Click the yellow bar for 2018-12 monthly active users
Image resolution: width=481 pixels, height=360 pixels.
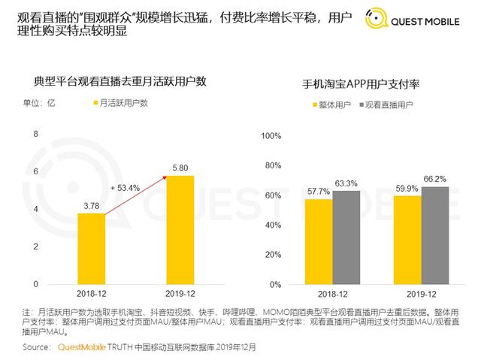91,249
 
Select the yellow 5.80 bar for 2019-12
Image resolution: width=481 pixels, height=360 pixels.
180,230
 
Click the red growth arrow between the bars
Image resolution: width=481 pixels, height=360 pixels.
135,195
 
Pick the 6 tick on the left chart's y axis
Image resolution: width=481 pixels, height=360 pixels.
35,172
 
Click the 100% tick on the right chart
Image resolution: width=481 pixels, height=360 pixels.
270,136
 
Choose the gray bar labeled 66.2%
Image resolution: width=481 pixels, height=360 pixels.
435,235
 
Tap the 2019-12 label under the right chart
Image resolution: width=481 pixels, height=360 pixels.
422,295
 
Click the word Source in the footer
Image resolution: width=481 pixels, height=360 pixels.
37,347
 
